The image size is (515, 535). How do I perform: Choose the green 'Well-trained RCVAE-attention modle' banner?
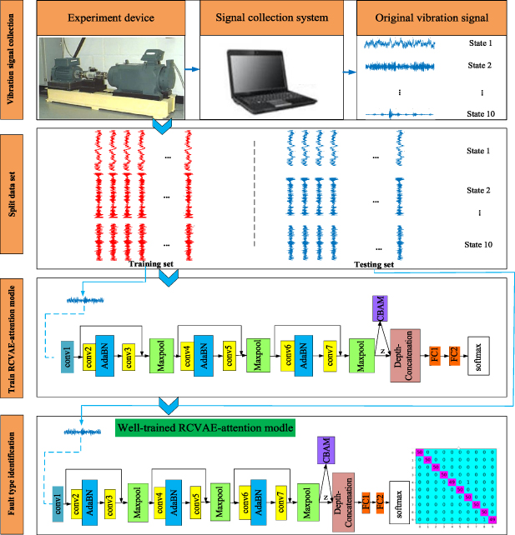pyautogui.click(x=205, y=429)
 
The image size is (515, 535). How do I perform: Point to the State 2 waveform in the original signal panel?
pyautogui.click(x=396, y=63)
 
